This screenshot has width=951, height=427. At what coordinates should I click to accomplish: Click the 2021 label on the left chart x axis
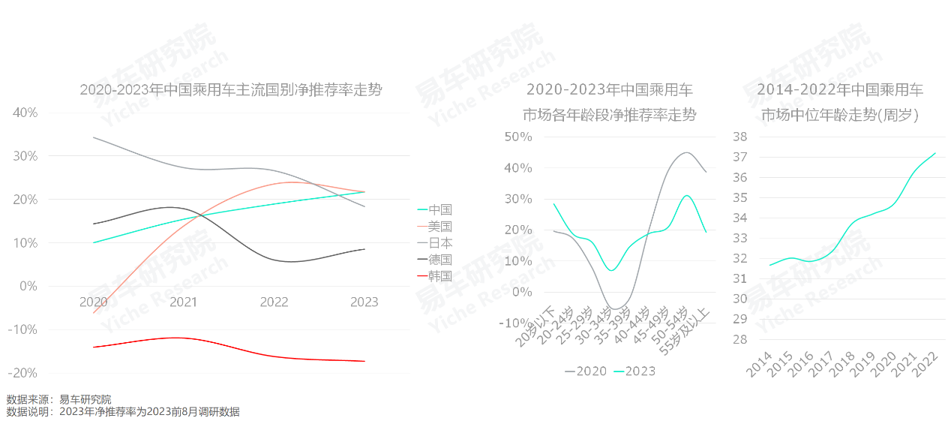184,302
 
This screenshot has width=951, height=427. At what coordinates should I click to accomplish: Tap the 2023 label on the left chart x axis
364,302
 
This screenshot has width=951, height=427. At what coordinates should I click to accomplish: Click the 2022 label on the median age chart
926,364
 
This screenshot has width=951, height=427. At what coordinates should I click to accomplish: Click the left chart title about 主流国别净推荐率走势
231,90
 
